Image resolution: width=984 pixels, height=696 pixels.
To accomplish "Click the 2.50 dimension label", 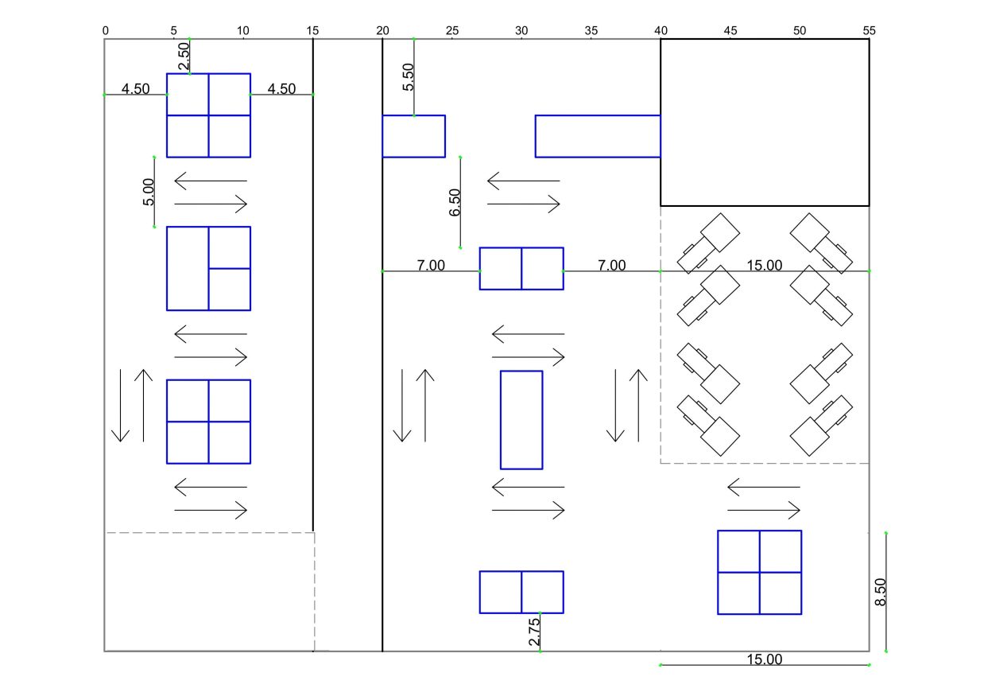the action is coord(184,56).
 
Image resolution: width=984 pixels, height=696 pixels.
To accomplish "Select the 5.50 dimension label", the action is coord(408,77).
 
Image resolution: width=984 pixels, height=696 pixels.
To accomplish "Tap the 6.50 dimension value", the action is coord(455,203).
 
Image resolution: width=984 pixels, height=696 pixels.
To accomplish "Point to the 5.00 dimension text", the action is coord(149,192).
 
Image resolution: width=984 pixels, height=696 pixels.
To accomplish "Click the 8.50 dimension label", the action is coord(881,593).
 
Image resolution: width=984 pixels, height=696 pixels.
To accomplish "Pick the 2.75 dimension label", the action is coord(534,632).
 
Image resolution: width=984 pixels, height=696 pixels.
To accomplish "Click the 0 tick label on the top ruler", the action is coord(106,30).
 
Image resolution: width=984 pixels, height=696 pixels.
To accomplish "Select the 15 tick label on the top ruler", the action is coord(312,30).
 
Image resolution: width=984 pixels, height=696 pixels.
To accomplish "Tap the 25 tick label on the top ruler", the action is coord(452,30).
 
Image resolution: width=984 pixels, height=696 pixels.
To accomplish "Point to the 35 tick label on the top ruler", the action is coord(591,30).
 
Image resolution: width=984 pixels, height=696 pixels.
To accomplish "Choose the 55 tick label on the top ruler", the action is coord(869,30).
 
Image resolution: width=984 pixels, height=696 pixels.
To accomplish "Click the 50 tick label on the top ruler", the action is coord(800,30).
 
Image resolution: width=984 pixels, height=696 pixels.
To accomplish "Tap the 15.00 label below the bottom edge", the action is coord(765,659).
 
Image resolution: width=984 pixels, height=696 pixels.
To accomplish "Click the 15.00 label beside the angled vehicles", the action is coord(765,265).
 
